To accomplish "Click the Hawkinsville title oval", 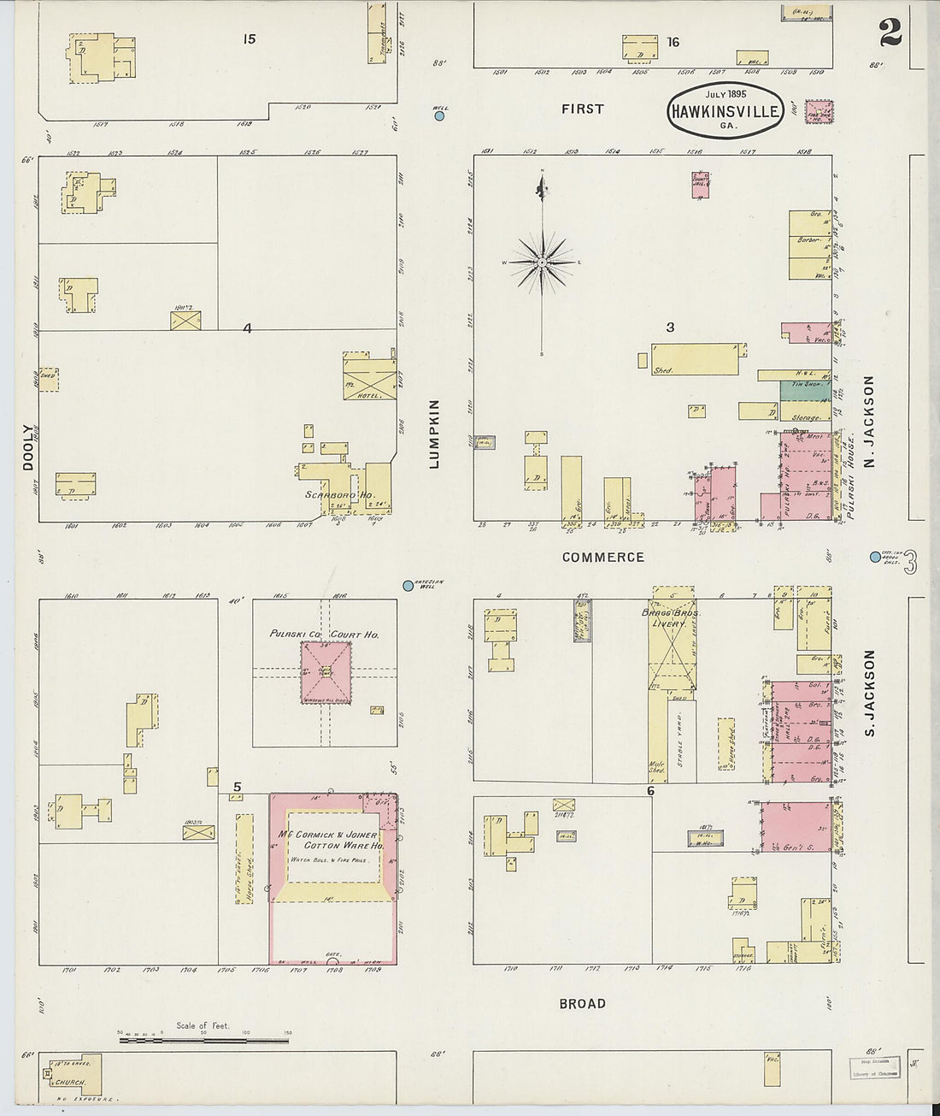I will click(x=726, y=110).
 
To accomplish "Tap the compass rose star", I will click(x=542, y=262).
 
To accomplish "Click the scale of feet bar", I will click(x=204, y=1041).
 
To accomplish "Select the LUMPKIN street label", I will click(x=433, y=434).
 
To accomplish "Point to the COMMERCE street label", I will click(x=602, y=558).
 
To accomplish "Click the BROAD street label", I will click(x=582, y=1003).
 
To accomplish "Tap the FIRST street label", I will click(x=582, y=109).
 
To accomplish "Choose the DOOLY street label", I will click(x=28, y=447).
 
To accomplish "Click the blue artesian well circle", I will click(x=408, y=586).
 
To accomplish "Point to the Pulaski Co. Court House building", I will click(x=325, y=672).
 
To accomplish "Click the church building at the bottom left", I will click(x=74, y=1074).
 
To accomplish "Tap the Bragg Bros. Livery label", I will click(x=672, y=618).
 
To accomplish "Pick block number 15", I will click(x=249, y=38).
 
